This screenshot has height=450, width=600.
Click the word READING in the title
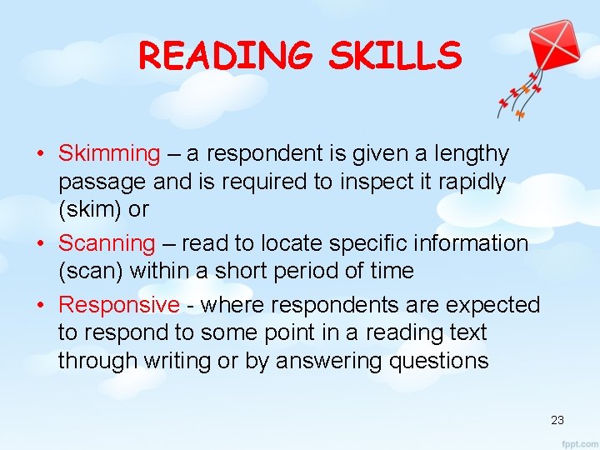click(226, 56)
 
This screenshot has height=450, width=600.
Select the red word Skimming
click(108, 154)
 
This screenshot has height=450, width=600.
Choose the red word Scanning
click(107, 243)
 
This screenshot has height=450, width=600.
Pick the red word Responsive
click(118, 305)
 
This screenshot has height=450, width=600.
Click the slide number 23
click(557, 420)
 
